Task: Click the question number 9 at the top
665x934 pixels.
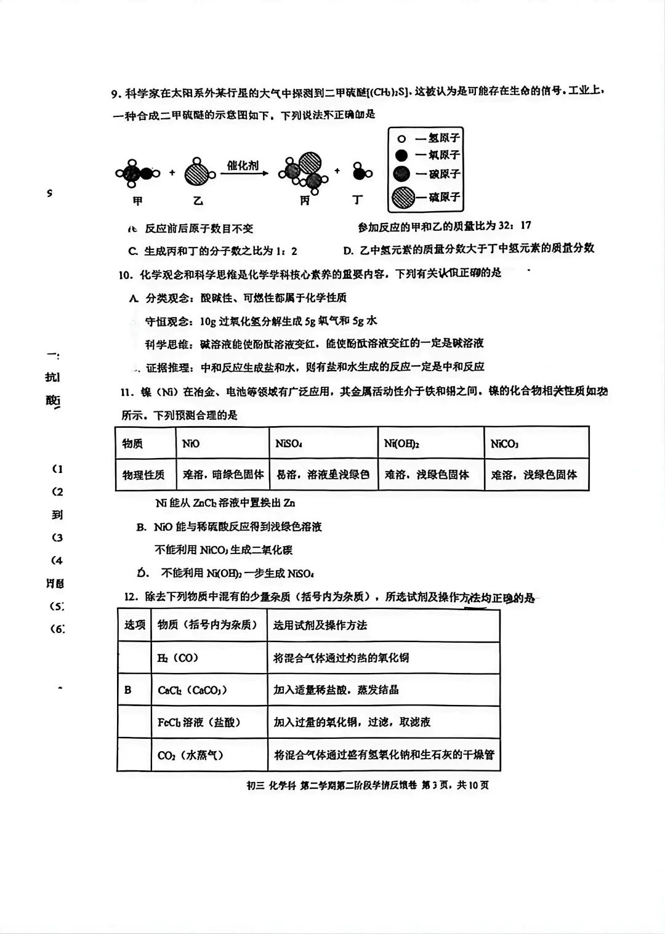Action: pyautogui.click(x=115, y=94)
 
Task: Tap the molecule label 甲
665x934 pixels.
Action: pyautogui.click(x=137, y=201)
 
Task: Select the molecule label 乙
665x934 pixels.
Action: pyautogui.click(x=198, y=201)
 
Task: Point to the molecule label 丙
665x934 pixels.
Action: pyautogui.click(x=304, y=201)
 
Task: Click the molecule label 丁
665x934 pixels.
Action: pyautogui.click(x=358, y=200)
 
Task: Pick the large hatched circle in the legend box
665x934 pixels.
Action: pyautogui.click(x=404, y=197)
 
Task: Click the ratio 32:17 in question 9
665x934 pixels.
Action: pyautogui.click(x=514, y=225)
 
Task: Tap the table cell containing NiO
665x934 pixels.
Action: pyautogui.click(x=191, y=443)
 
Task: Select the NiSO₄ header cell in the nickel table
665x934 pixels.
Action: pyautogui.click(x=288, y=443)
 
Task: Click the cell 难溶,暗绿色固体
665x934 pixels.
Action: pyautogui.click(x=223, y=475)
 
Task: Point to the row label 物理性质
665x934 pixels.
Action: pyautogui.click(x=143, y=475)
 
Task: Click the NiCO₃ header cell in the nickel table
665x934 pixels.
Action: pyautogui.click(x=504, y=443)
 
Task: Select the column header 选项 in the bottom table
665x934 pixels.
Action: pyautogui.click(x=134, y=625)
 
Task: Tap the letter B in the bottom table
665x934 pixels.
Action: pyautogui.click(x=128, y=690)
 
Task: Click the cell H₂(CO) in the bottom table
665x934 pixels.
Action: pyautogui.click(x=178, y=658)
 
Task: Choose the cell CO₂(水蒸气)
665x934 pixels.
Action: pyautogui.click(x=190, y=755)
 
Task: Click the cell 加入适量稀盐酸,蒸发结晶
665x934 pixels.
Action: pyautogui.click(x=336, y=690)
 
